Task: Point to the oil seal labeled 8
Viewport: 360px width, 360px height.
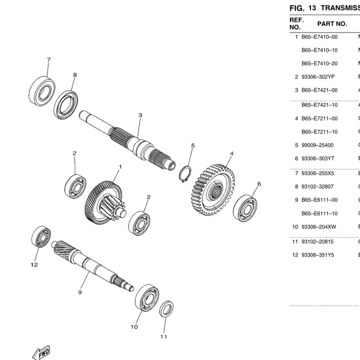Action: (67, 105)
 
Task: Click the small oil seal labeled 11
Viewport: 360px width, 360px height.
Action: (166, 310)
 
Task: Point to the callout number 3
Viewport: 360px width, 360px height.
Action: (140, 115)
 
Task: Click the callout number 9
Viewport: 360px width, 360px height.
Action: (80, 292)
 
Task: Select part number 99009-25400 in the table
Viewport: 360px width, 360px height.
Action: (319, 145)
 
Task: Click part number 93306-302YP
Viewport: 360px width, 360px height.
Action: (319, 76)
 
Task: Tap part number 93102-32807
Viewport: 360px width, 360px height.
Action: (319, 186)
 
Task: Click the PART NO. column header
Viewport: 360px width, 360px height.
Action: (332, 24)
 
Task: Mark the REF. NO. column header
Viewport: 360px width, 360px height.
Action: (296, 24)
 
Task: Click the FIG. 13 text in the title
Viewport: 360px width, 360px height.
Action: (304, 8)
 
